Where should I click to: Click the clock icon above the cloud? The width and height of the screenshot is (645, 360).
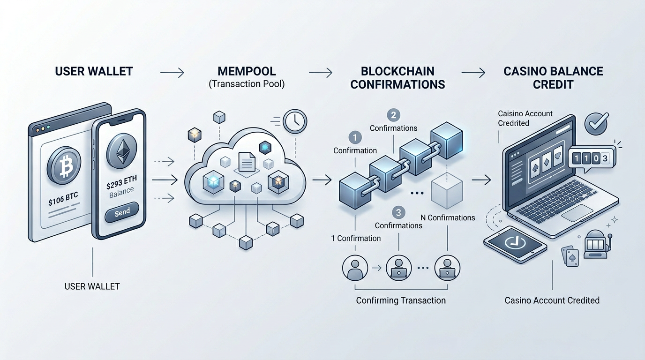(x=295, y=121)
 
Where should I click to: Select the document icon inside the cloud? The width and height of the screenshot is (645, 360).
(x=247, y=162)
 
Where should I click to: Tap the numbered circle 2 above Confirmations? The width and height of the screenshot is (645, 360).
(x=393, y=115)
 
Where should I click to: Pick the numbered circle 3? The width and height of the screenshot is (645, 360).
(x=398, y=213)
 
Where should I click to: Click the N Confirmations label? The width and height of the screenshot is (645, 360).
(x=448, y=217)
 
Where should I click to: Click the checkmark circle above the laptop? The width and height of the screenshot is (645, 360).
(x=596, y=124)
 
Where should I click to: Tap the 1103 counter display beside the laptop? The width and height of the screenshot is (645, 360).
(x=589, y=158)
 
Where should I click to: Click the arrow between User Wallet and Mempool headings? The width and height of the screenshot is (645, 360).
(x=172, y=73)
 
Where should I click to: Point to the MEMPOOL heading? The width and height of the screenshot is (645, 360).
(x=247, y=72)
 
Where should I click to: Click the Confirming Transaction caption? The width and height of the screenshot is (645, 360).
(x=401, y=300)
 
